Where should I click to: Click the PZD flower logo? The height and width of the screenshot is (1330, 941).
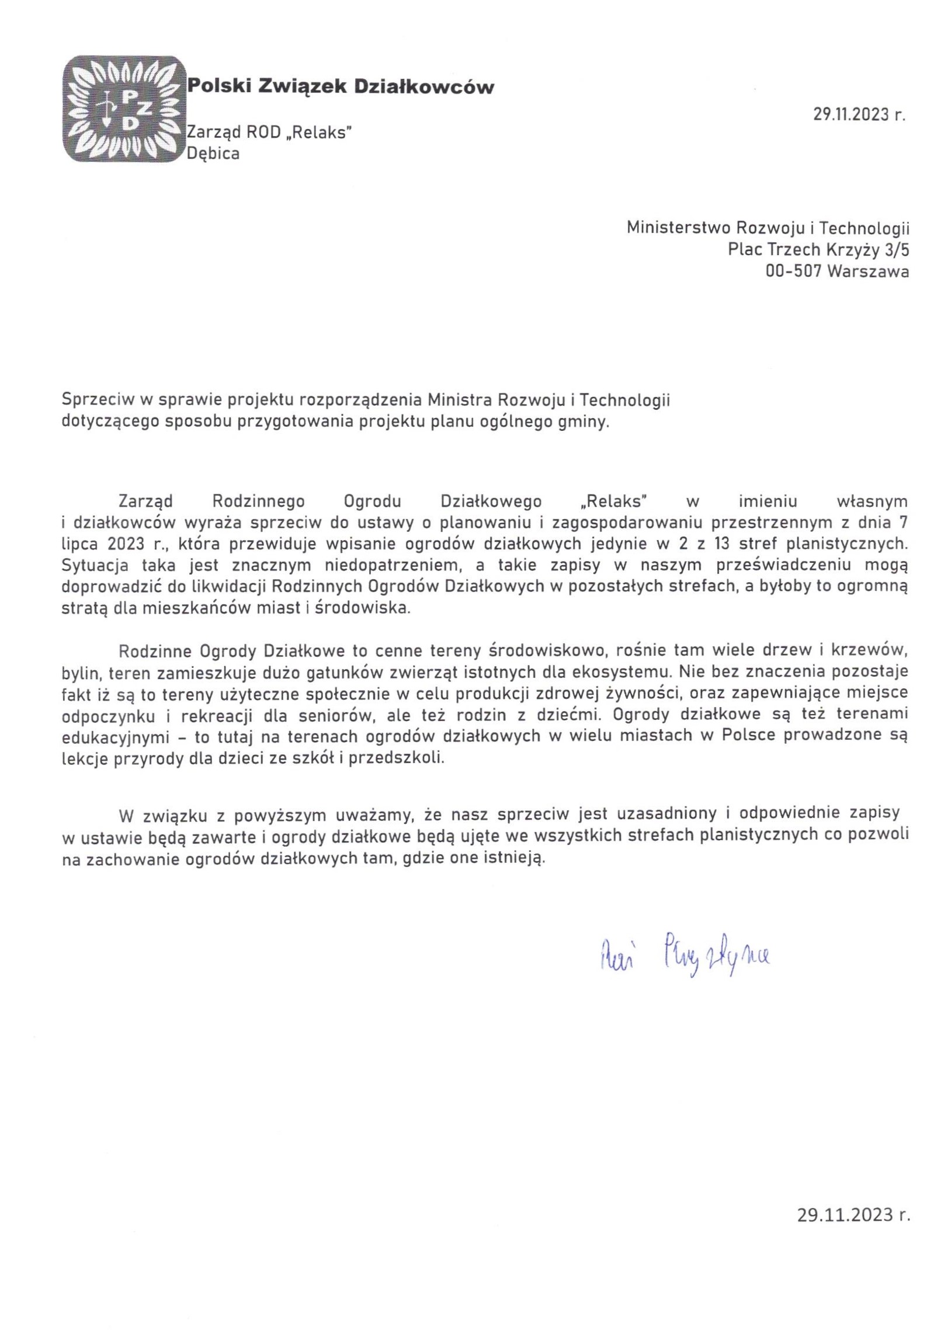122,109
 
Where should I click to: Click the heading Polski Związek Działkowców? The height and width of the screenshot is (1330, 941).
340,88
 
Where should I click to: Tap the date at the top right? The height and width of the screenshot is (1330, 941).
859,114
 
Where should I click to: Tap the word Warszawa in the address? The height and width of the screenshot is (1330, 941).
868,271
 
